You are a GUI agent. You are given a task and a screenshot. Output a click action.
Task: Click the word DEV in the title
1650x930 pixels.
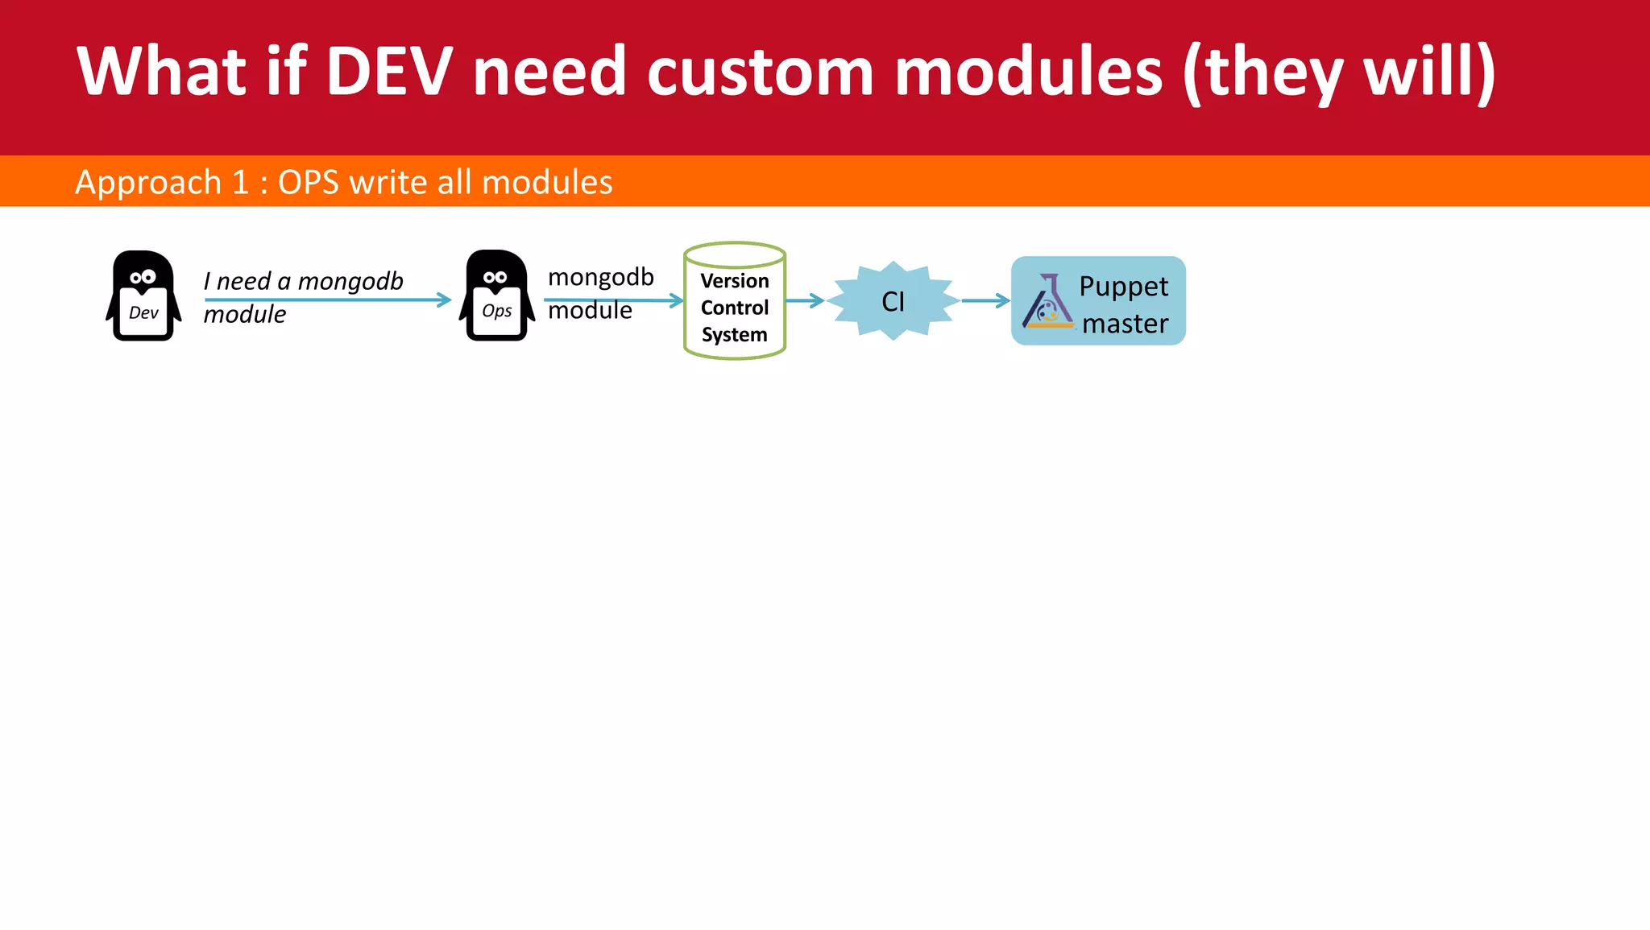388,72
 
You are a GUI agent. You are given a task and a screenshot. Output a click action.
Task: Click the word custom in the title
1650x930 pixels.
760,72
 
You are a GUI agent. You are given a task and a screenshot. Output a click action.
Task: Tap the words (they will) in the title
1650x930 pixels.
1338,72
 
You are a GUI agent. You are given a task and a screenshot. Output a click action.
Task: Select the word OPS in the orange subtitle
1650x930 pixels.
308,182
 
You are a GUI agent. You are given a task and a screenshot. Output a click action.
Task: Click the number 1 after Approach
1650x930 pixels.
240,182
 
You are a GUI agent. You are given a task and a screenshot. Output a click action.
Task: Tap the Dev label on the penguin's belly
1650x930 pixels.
143,312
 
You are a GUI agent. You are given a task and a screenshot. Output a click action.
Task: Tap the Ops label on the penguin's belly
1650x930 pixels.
496,311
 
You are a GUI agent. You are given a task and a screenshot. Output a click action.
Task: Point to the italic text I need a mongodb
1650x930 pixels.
303,281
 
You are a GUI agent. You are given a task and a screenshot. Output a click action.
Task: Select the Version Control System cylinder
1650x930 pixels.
735,301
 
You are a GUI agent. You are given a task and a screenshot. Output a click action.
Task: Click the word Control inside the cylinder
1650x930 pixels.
735,308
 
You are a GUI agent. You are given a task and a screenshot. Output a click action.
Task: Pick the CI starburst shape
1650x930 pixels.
893,300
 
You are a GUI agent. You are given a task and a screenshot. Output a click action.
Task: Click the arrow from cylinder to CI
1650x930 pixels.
805,300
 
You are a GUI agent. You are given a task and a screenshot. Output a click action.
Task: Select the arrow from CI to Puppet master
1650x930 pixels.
985,300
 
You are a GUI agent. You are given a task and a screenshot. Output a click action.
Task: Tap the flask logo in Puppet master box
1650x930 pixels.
1047,302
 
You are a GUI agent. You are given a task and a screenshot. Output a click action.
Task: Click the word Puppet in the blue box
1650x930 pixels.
1123,287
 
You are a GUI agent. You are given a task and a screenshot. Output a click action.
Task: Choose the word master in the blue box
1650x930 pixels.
1125,324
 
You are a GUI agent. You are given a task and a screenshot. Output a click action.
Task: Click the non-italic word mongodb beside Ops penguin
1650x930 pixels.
601,277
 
